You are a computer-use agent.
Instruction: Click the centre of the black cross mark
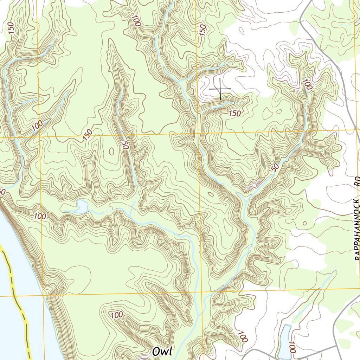(220, 89)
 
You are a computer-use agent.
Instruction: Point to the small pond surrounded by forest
(81, 206)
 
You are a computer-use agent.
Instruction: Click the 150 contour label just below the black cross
(234, 113)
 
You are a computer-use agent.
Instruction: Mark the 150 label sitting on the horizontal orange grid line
(88, 135)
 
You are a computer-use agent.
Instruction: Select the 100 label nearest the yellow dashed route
(40, 216)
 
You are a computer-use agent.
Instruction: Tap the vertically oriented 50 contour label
(124, 146)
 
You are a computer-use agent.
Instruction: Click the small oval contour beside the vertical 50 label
(112, 151)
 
